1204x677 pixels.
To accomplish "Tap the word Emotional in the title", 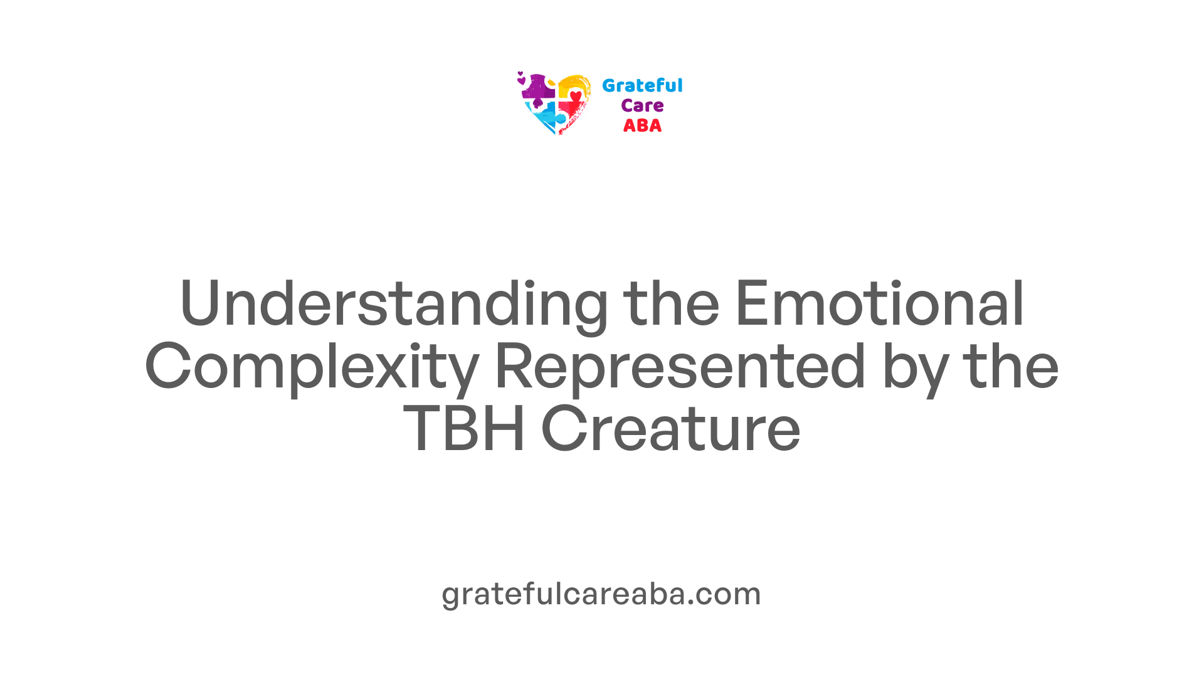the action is pyautogui.click(x=880, y=303).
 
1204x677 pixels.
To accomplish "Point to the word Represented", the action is pyautogui.click(x=681, y=367).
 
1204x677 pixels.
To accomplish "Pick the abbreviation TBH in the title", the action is pyautogui.click(x=464, y=429).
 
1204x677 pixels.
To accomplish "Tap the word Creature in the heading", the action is pyautogui.click(x=671, y=429).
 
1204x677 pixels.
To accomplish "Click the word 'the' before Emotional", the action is pyautogui.click(x=671, y=303).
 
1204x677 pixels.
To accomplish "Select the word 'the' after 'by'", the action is pyautogui.click(x=1011, y=366).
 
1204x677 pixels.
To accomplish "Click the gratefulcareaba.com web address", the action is pyautogui.click(x=601, y=594).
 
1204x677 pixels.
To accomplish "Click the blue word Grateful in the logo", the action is pyautogui.click(x=642, y=85).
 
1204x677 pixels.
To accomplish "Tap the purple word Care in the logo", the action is pyautogui.click(x=642, y=105).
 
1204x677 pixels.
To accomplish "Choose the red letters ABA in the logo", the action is pyautogui.click(x=642, y=125).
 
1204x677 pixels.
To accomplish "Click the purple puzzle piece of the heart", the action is pyautogui.click(x=538, y=88).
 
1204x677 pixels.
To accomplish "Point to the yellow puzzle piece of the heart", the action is pyautogui.click(x=574, y=85).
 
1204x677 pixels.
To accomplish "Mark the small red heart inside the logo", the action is pyautogui.click(x=576, y=97).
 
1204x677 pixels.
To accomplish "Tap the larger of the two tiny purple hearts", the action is pyautogui.click(x=521, y=80).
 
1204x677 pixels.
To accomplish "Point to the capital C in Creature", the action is pyautogui.click(x=563, y=429).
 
